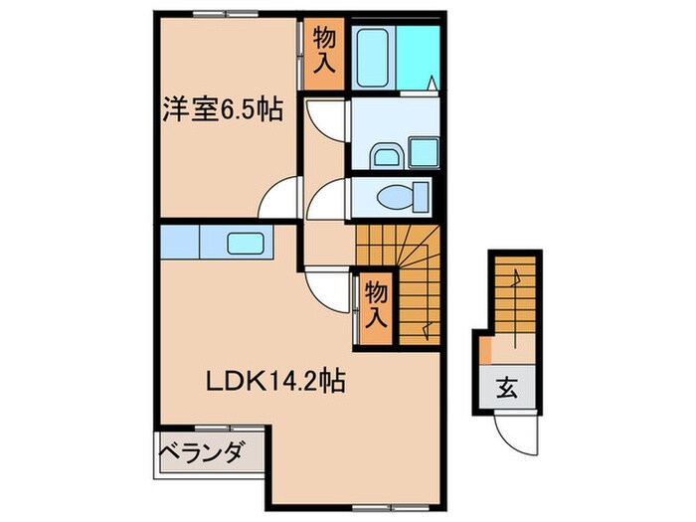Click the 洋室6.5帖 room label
coord(223,107)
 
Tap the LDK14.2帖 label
coord(275,380)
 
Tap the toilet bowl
coord(401,195)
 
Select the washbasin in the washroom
coord(385,154)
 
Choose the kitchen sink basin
coord(243,243)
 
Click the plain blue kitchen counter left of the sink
coord(180,243)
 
